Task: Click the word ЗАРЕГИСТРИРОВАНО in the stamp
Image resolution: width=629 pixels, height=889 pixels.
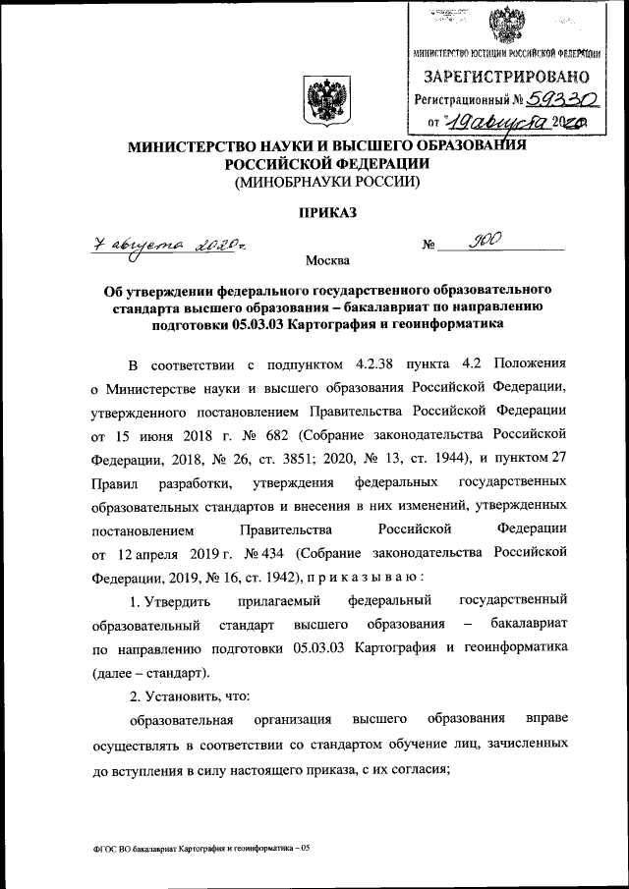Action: coord(506,76)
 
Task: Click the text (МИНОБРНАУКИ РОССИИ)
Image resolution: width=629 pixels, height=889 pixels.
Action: coord(325,183)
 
